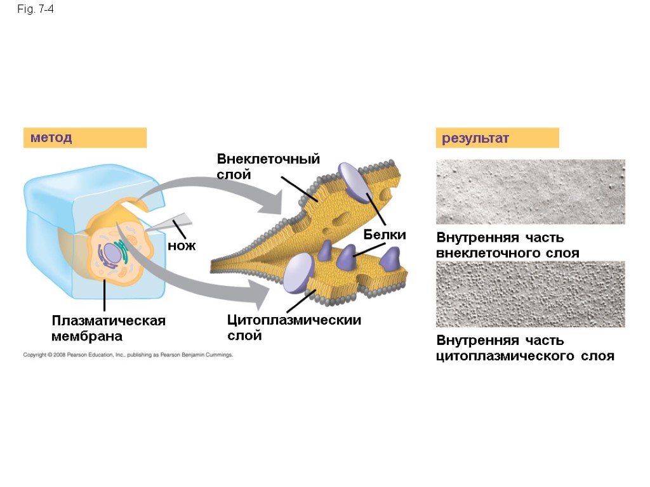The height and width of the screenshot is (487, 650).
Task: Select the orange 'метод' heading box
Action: click(84, 138)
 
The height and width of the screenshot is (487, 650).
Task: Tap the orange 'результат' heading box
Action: click(496, 138)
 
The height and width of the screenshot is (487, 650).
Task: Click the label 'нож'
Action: click(181, 245)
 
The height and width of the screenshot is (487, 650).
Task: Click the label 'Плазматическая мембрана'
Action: click(109, 328)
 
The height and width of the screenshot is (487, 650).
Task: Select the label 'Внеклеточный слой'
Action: click(268, 166)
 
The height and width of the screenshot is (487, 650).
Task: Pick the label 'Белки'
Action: click(384, 235)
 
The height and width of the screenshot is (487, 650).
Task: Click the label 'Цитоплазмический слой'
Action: click(294, 327)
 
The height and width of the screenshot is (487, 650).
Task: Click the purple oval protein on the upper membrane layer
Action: click(353, 182)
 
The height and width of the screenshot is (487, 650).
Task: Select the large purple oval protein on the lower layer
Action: click(298, 273)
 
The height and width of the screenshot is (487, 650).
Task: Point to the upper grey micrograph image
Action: click(530, 192)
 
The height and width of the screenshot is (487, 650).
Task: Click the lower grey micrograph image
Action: click(530, 294)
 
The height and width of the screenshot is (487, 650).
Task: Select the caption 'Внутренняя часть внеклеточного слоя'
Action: click(507, 245)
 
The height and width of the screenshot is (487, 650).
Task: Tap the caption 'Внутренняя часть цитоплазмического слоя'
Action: click(525, 348)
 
